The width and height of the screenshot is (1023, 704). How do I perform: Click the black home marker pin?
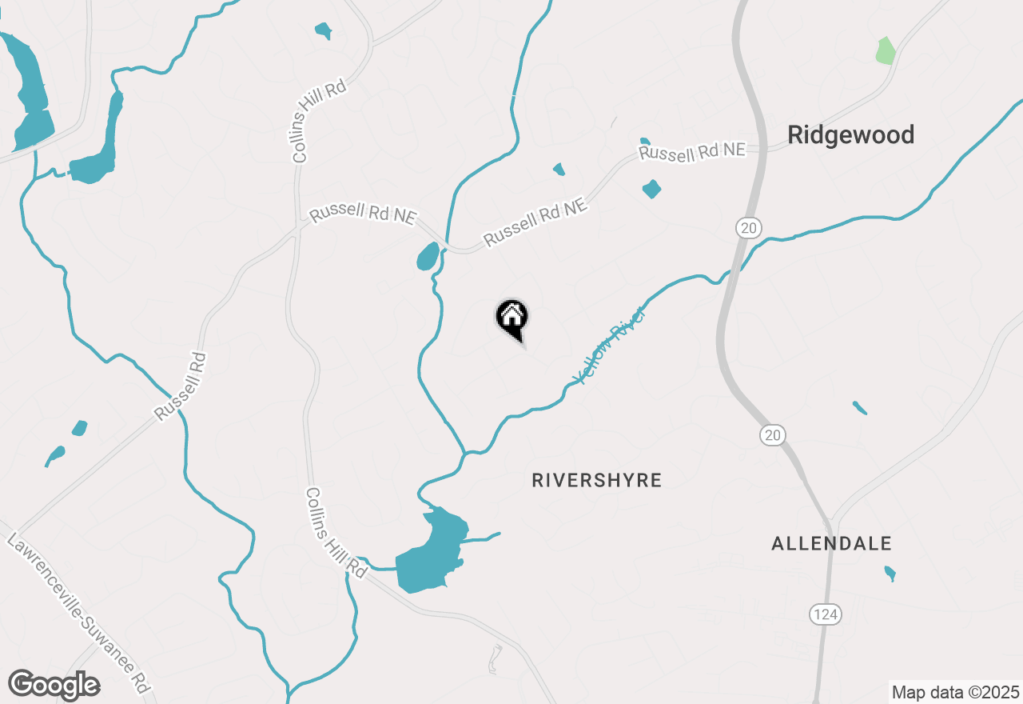click(x=511, y=318)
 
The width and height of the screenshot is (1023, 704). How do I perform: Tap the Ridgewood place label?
click(x=850, y=135)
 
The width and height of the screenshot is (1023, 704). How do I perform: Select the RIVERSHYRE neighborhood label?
click(x=597, y=480)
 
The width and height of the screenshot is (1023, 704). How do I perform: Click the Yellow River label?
click(x=609, y=345)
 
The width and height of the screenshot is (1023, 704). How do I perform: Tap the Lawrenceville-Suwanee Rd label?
click(x=78, y=614)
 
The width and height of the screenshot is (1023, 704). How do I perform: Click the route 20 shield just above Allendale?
click(x=771, y=435)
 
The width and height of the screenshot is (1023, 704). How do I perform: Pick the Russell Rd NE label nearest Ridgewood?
click(x=692, y=151)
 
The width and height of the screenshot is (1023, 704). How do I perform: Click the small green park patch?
click(x=886, y=50)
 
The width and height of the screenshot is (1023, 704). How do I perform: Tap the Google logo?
click(x=54, y=685)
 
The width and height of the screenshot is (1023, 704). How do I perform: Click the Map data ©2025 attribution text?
click(x=955, y=692)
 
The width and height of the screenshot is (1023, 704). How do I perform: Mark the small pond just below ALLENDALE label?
click(x=890, y=573)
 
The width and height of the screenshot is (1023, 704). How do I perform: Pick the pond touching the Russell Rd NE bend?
click(x=428, y=257)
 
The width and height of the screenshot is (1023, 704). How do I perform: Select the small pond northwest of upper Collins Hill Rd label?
click(x=323, y=31)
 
